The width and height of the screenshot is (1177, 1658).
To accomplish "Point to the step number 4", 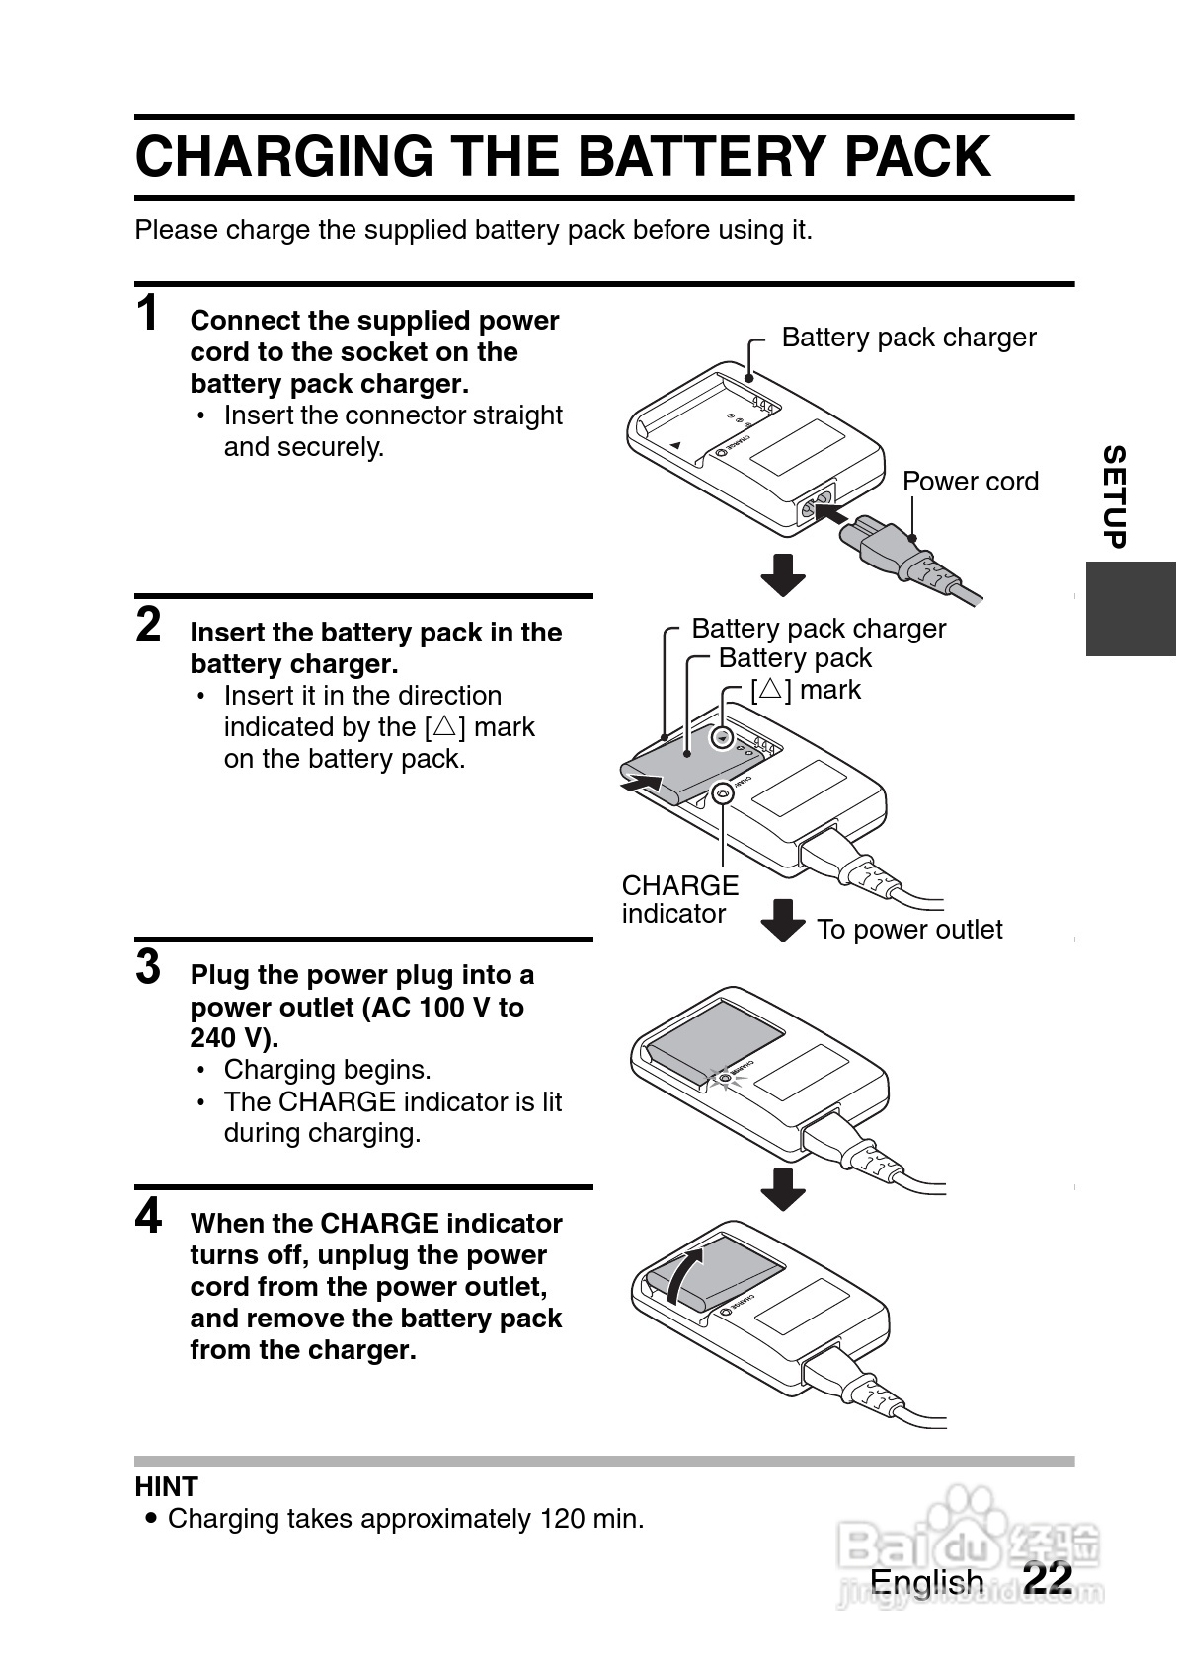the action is (x=148, y=1215).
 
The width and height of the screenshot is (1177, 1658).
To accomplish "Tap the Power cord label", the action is (x=971, y=482).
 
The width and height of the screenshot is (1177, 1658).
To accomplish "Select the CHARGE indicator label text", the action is (x=680, y=899).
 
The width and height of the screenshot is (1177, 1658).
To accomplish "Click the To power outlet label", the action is (x=909, y=930).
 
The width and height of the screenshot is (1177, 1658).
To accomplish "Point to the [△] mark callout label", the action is (x=806, y=690).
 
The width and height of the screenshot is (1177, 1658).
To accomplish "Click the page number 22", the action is (x=1048, y=1577).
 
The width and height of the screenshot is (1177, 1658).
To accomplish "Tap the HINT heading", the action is (x=167, y=1486).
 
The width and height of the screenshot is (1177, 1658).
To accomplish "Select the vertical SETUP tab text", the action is (x=1115, y=496).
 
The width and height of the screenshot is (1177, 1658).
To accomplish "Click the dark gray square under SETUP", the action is (x=1131, y=608).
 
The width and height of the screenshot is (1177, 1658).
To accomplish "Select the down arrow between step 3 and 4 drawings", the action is (x=783, y=1189).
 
